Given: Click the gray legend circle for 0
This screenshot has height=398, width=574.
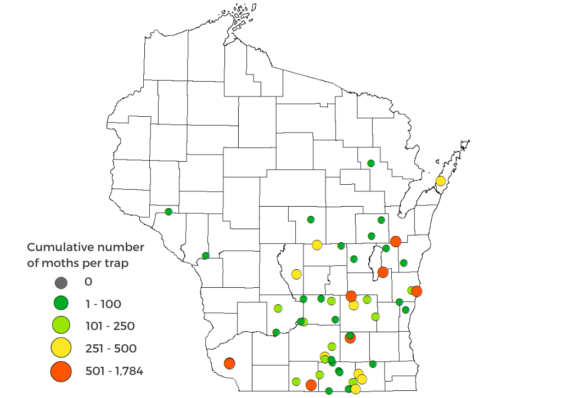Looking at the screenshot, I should (61, 283).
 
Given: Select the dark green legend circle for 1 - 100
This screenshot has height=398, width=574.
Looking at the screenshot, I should (61, 303).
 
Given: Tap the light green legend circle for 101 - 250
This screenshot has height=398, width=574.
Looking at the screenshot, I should (61, 325).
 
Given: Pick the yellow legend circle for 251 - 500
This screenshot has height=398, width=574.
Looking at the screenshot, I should (61, 348).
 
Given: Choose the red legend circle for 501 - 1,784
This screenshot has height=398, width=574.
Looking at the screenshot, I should (61, 371).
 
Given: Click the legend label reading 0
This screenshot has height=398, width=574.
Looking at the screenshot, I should (88, 282).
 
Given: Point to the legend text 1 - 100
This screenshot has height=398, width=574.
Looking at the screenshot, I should (103, 304).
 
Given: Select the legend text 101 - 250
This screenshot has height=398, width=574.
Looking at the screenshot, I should (110, 327).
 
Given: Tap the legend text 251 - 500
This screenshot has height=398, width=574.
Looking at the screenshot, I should (111, 349).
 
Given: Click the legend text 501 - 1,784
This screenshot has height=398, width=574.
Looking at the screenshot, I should (114, 371).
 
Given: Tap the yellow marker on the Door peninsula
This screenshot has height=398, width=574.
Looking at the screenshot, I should (440, 181).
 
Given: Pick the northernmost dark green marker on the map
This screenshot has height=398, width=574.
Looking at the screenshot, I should (371, 163).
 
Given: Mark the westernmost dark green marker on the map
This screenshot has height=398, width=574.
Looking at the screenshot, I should (168, 212).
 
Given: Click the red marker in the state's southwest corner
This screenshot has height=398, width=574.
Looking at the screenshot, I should (229, 363).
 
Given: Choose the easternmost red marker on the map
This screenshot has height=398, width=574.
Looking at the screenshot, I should (417, 291).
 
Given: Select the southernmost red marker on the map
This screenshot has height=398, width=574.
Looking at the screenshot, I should (311, 385).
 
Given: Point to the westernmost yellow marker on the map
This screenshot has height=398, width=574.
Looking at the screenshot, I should (296, 274).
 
